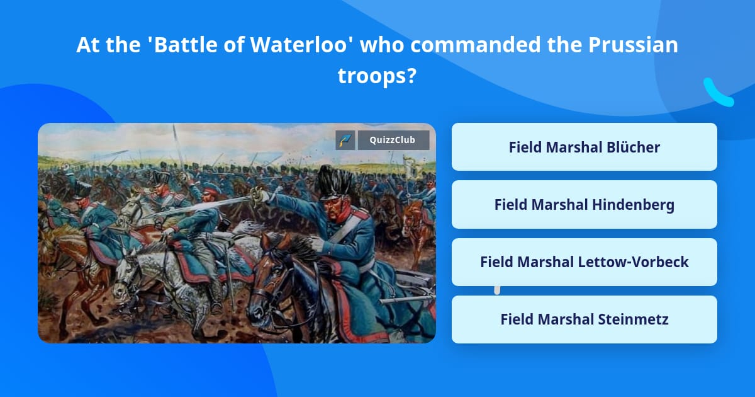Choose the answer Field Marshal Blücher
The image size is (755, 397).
pyautogui.click(x=584, y=147)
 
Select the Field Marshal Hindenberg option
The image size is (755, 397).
pyautogui.click(x=584, y=205)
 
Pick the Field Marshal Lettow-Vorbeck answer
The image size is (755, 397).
pyautogui.click(x=584, y=262)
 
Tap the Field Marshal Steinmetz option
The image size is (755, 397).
pyautogui.click(x=584, y=319)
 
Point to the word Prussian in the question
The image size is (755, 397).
pyautogui.click(x=629, y=45)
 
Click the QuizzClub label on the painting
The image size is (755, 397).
pyautogui.click(x=394, y=140)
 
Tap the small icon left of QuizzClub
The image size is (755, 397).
pyautogui.click(x=345, y=140)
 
